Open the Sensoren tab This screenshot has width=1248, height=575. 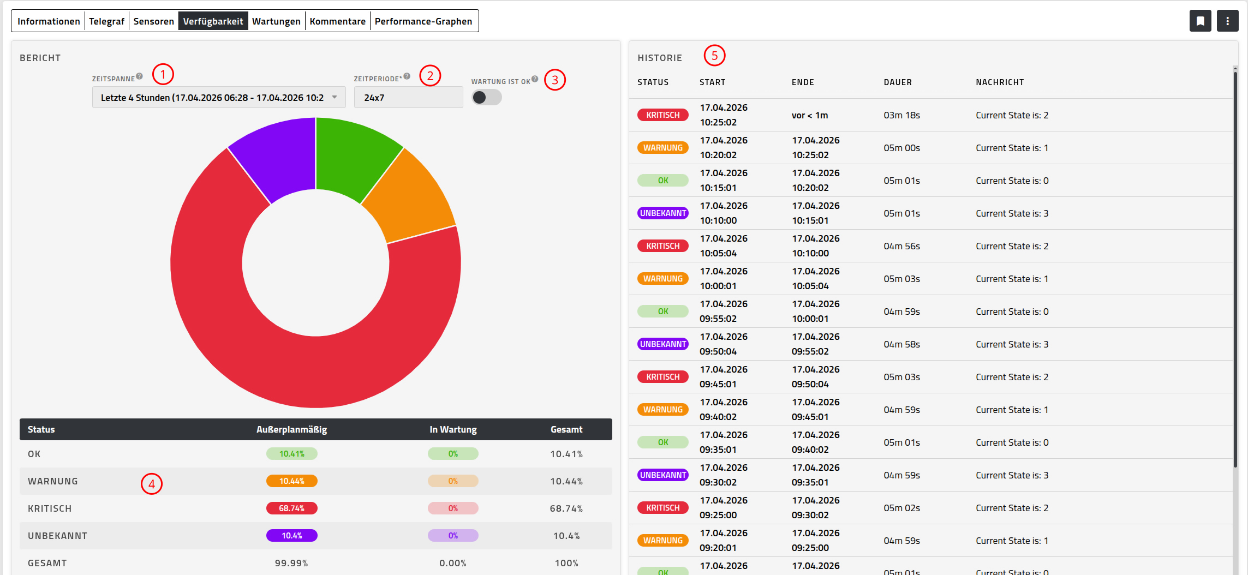153,21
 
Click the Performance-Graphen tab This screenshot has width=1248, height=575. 423,21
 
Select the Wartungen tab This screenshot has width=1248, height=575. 276,21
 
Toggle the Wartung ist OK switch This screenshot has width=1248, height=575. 486,97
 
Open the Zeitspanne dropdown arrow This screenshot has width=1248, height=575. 335,97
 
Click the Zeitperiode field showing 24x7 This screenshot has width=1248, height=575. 408,98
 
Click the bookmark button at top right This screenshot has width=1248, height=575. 1200,21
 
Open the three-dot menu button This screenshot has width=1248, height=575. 1227,21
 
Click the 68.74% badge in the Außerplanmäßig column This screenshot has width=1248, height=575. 291,508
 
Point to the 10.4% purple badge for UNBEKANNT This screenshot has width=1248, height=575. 291,536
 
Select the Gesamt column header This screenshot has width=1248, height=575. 566,429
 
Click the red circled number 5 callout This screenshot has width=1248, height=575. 714,56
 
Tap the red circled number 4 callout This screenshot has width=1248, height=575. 152,484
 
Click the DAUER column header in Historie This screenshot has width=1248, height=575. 898,82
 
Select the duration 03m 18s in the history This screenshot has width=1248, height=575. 901,115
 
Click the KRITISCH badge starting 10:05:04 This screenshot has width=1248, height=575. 662,246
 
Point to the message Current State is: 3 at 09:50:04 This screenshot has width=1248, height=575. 1012,344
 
